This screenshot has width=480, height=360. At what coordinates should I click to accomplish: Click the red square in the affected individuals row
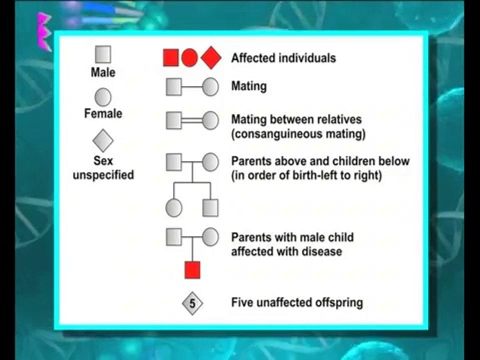click(x=171, y=58)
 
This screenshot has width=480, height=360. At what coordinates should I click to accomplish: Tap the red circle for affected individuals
click(x=189, y=58)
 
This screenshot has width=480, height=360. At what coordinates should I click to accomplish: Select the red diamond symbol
click(x=211, y=58)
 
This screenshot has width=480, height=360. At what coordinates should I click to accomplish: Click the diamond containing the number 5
click(x=192, y=303)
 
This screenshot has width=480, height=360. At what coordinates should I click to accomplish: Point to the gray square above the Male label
click(x=103, y=54)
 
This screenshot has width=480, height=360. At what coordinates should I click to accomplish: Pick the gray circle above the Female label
click(x=103, y=97)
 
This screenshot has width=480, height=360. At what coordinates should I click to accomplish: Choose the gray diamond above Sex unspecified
click(x=103, y=140)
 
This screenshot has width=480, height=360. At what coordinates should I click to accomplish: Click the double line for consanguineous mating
click(x=192, y=120)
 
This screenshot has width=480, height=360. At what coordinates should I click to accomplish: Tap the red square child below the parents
click(x=192, y=270)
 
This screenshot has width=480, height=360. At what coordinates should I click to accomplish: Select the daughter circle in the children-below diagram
click(x=173, y=207)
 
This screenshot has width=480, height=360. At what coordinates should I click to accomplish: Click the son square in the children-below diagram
click(x=210, y=207)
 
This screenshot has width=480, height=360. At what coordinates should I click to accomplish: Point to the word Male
click(x=103, y=72)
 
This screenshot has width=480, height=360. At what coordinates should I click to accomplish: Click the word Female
click(x=103, y=114)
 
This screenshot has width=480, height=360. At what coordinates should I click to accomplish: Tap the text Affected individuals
click(x=283, y=58)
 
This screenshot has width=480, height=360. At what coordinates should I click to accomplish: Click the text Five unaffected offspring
click(x=297, y=302)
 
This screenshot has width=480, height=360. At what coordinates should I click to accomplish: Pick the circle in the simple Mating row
click(x=210, y=87)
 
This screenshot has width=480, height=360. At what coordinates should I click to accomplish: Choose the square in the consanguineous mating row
click(x=173, y=120)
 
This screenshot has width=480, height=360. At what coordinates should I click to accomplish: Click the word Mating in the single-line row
click(x=248, y=86)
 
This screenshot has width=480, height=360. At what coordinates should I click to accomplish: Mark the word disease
click(x=321, y=251)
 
